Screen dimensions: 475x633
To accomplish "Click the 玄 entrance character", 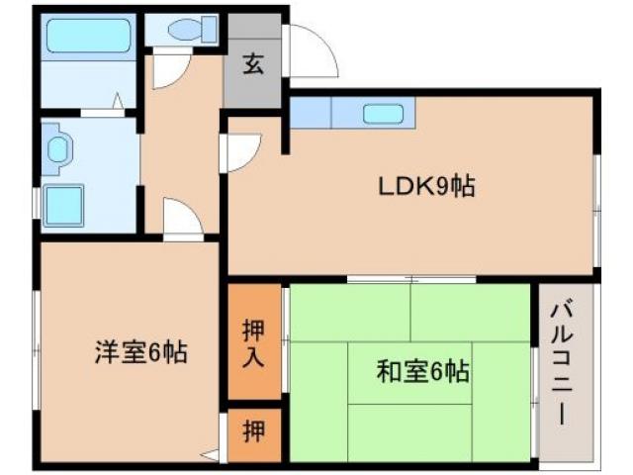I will [x=253, y=66].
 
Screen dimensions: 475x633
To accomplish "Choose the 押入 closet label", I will [x=253, y=342].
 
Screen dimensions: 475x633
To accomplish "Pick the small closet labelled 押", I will [x=254, y=432].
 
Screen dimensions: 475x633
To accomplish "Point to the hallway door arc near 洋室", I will [x=182, y=219].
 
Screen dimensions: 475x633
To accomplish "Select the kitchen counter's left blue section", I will [x=310, y=113].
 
